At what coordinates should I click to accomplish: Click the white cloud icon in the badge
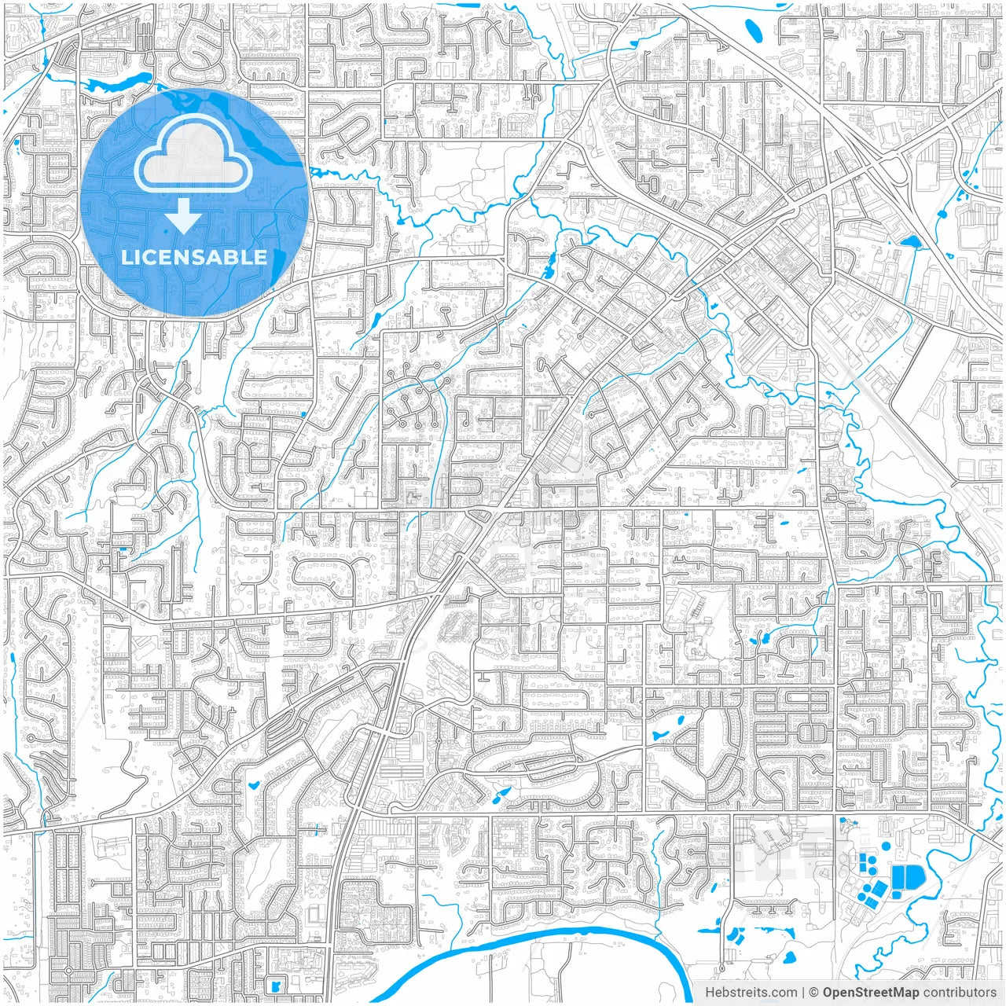(x=193, y=156)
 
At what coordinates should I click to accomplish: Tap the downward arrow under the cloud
(x=183, y=215)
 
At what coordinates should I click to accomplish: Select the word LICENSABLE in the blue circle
(x=193, y=257)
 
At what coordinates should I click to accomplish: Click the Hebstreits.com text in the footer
(x=751, y=993)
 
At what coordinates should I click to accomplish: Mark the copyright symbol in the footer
(x=815, y=993)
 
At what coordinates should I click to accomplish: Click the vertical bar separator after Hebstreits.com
(x=803, y=993)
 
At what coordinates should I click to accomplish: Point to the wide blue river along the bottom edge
(x=550, y=935)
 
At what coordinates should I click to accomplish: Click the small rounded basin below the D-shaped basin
(x=896, y=894)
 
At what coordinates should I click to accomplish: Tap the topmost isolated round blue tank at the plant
(x=886, y=846)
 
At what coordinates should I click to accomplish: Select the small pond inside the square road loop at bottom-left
(x=274, y=985)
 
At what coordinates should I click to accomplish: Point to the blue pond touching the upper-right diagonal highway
(x=911, y=241)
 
